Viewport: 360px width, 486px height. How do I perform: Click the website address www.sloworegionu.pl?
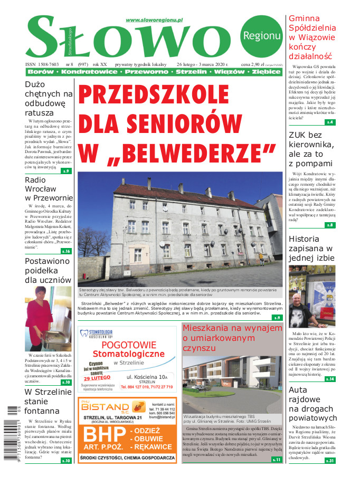(x=154, y=20)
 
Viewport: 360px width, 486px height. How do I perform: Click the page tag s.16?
(x=66, y=251)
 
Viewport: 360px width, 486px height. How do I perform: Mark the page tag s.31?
(x=329, y=461)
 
